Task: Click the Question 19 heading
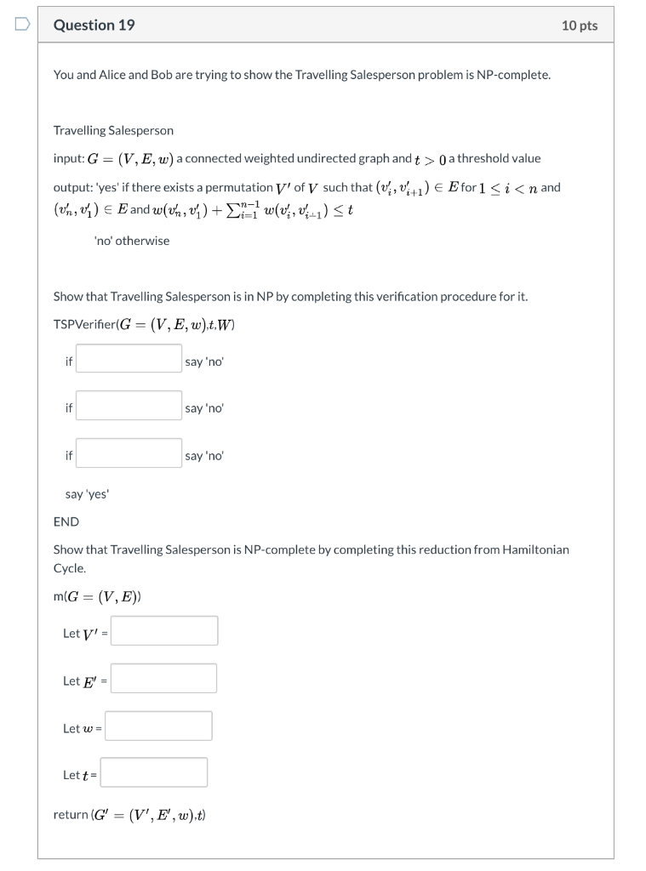(x=94, y=26)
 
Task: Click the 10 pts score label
(x=580, y=26)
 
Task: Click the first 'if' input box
(x=129, y=359)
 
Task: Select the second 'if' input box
(x=129, y=406)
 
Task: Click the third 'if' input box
(x=129, y=453)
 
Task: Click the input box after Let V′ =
(x=164, y=631)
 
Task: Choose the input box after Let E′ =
(x=163, y=679)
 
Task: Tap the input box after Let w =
(x=159, y=726)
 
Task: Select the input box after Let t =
(x=154, y=773)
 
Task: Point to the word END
(x=66, y=521)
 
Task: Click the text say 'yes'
(x=88, y=494)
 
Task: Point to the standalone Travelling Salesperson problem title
(x=113, y=130)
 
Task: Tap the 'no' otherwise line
(x=132, y=241)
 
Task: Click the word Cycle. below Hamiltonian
(x=70, y=567)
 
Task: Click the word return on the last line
(x=71, y=815)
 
